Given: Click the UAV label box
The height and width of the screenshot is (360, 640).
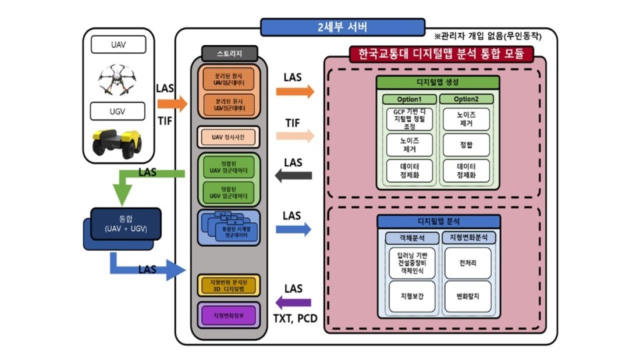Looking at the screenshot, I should point(118,45).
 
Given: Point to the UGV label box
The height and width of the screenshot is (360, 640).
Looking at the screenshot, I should point(118,111).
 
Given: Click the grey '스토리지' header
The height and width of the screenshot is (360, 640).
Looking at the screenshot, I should point(229,54).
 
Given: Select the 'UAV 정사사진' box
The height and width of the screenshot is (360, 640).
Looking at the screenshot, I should point(229,137).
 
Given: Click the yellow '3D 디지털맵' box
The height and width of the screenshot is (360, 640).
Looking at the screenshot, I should point(229,286).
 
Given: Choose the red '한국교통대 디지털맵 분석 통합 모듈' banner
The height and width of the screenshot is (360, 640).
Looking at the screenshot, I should point(440,55).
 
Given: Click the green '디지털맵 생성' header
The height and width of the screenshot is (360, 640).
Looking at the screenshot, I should point(437,82).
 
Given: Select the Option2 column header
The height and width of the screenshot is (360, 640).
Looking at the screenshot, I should point(466,99).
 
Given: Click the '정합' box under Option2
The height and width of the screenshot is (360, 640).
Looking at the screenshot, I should point(466,145).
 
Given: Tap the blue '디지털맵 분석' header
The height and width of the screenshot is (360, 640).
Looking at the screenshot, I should point(439,222).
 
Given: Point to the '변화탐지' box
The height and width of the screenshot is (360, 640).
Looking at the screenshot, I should point(468,296).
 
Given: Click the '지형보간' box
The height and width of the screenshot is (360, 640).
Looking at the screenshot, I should point(412,296).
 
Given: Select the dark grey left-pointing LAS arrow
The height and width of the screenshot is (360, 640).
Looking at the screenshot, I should point(293,175).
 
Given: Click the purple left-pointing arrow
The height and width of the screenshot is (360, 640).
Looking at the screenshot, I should point(293,302).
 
